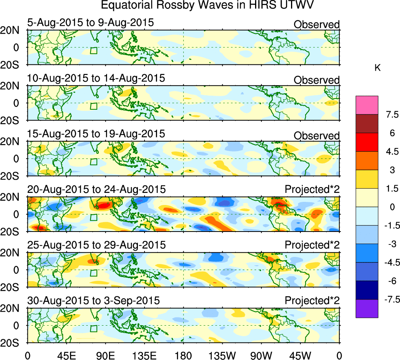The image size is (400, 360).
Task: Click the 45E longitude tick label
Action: point(66,356)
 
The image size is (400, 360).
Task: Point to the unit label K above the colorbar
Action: point(377,68)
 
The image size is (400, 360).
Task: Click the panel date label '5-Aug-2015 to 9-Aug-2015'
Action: point(91,23)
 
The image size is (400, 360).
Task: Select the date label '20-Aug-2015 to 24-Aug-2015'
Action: point(96,189)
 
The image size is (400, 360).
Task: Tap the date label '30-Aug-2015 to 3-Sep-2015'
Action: point(94,301)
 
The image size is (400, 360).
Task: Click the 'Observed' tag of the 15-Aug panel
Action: point(316,135)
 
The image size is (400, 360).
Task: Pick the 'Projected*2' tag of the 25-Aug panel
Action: point(312,245)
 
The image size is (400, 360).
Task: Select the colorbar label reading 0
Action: point(389,207)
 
